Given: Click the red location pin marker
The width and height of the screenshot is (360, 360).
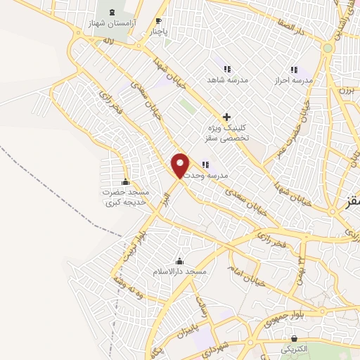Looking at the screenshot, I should tap(181, 165).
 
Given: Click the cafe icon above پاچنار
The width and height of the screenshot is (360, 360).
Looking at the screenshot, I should tap(158, 20).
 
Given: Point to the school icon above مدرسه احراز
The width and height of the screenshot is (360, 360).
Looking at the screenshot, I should tap(295, 70).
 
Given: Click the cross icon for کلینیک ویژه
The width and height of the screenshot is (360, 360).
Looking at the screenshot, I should tap(226, 116).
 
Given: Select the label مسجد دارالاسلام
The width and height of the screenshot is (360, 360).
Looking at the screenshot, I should tap(180, 271).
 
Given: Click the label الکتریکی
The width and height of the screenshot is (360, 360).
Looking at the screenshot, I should tap(293, 349).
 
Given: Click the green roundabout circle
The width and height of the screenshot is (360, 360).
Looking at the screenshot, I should tap(328, 48).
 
